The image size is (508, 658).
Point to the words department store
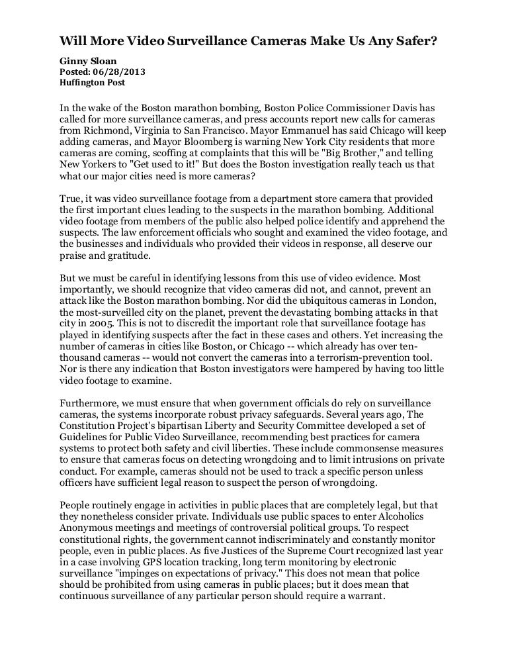pos(302,199)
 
